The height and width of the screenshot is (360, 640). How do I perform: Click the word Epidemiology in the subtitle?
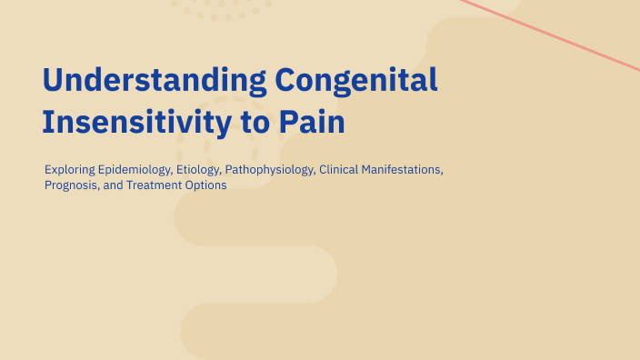129,170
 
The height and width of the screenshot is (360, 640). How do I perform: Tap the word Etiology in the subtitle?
192,170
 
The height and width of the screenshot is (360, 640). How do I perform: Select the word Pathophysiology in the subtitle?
268,170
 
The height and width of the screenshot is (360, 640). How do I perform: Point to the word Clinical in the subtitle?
338,170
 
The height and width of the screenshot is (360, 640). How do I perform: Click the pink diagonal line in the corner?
555,34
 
